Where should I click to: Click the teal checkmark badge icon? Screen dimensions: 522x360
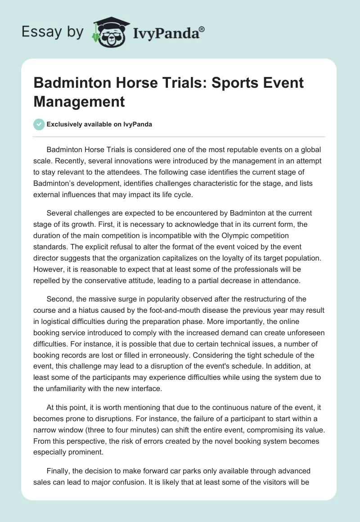tap(39, 124)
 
